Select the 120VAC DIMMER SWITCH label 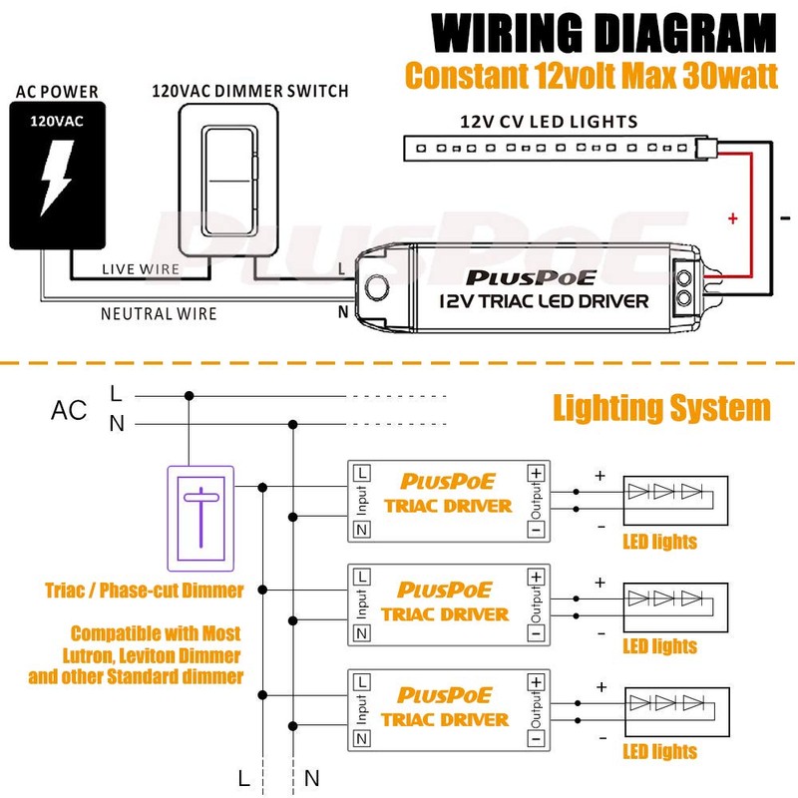click(x=250, y=91)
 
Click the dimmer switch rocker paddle click(x=230, y=182)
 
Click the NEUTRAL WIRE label click(x=159, y=313)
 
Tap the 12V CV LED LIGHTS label click(x=548, y=122)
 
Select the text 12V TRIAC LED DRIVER click(x=544, y=300)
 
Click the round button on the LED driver click(x=378, y=287)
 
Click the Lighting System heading click(x=661, y=408)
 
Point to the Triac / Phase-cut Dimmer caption click(x=145, y=591)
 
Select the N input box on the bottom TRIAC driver click(x=361, y=738)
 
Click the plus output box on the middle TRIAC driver click(x=537, y=576)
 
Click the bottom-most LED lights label click(x=659, y=751)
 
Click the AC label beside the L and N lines click(x=69, y=410)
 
